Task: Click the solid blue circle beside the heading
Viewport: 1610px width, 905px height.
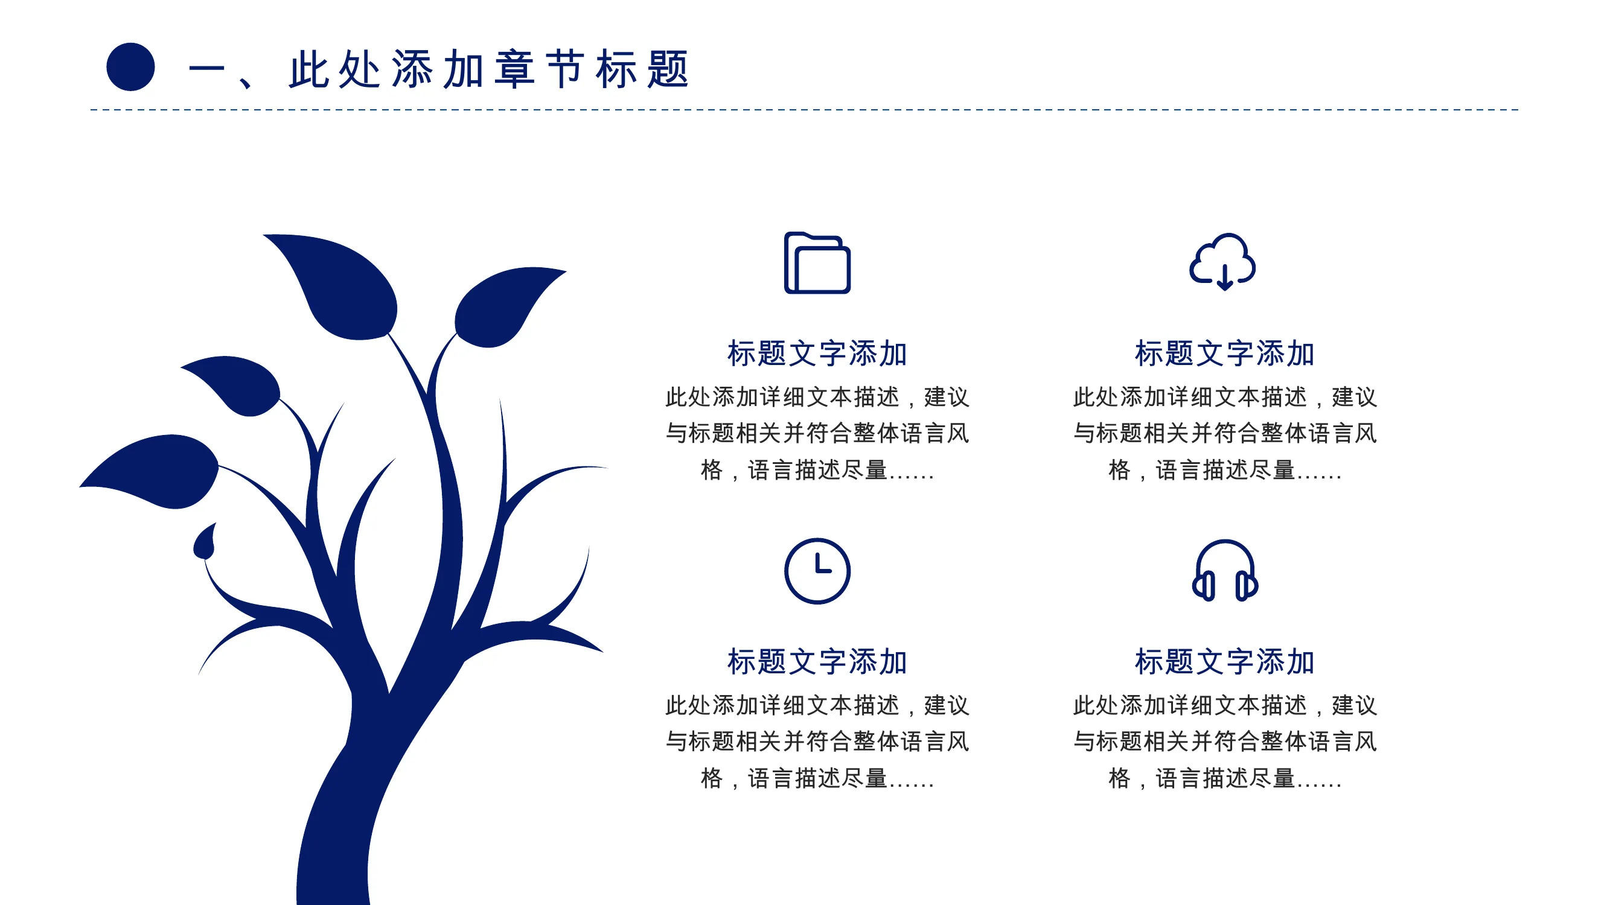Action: point(130,67)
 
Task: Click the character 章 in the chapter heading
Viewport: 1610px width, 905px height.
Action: point(514,69)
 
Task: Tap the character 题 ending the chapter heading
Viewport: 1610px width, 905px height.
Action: point(668,69)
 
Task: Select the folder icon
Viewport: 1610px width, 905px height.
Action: point(817,262)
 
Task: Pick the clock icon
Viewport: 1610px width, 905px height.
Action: point(817,571)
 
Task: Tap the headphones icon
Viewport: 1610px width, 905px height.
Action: point(1224,570)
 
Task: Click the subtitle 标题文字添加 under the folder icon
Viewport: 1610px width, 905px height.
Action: point(817,354)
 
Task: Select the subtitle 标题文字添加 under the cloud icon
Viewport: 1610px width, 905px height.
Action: point(1224,354)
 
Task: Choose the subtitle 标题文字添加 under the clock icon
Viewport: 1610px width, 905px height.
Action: point(817,661)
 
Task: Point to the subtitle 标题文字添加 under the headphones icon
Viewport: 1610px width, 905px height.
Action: point(1224,661)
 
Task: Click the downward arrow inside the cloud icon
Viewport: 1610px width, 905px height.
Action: point(1224,278)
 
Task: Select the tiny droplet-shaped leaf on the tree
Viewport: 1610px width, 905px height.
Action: point(205,542)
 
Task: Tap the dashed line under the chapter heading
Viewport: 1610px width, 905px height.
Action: point(804,110)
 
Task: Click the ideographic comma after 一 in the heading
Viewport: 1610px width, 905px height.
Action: point(246,82)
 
